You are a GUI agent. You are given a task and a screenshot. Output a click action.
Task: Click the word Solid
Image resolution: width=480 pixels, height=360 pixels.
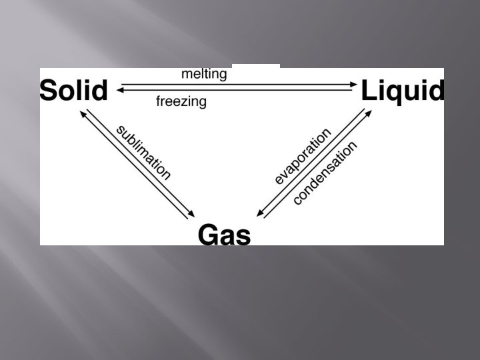(73, 90)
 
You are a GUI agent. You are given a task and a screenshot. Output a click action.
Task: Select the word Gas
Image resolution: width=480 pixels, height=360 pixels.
(225, 234)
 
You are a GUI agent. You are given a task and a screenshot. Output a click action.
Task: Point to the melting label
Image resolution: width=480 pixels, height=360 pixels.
(204, 74)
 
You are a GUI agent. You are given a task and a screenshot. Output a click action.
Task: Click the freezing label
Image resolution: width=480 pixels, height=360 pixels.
(181, 102)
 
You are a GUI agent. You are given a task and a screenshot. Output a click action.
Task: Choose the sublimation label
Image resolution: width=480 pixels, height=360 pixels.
(143, 152)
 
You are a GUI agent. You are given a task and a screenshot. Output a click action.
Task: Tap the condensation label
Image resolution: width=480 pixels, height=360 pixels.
(325, 173)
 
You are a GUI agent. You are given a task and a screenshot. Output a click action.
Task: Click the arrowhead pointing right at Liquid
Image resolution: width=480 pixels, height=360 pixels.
(354, 84)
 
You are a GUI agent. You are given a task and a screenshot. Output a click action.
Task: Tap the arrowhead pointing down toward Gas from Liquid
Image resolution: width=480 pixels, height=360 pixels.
(261, 215)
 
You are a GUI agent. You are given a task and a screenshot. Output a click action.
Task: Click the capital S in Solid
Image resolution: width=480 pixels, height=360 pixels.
(49, 90)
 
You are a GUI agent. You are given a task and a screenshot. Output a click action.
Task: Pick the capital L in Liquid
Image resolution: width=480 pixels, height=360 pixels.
(369, 90)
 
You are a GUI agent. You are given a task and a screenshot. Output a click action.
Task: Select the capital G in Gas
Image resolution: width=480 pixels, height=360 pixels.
(208, 234)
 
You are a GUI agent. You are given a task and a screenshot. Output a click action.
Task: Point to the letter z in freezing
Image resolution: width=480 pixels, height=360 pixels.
(188, 102)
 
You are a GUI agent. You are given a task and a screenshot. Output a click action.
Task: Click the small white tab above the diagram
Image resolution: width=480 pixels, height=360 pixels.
(256, 66)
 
